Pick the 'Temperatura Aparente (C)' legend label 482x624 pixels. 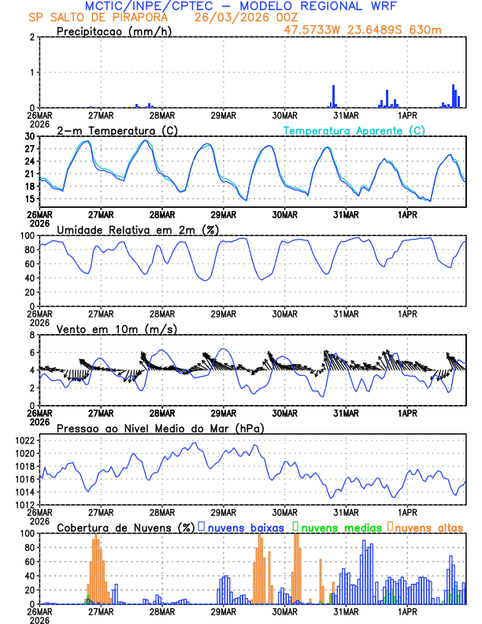click(354, 130)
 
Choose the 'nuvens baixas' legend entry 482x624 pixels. click(247, 526)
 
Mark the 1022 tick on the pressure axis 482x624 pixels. click(24, 440)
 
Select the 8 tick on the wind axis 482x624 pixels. click(32, 335)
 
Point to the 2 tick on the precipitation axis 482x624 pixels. click(32, 37)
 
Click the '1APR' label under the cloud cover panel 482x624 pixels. click(406, 611)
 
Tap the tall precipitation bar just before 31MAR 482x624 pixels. click(334, 96)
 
